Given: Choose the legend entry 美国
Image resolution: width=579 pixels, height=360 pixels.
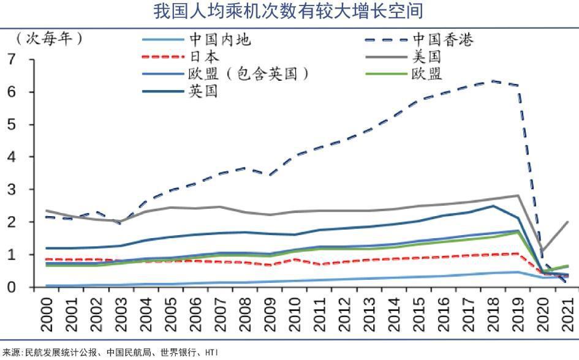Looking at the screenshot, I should pyautogui.click(x=427, y=58).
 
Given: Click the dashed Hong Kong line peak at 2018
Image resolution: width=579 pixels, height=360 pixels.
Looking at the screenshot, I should pyautogui.click(x=494, y=81).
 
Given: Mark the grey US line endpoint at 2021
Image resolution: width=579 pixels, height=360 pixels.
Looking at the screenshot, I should pyautogui.click(x=568, y=222).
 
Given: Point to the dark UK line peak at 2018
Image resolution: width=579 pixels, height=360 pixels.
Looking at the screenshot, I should pyautogui.click(x=494, y=206).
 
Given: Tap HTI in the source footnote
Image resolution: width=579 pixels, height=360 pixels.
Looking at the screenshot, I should pyautogui.click(x=211, y=353).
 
